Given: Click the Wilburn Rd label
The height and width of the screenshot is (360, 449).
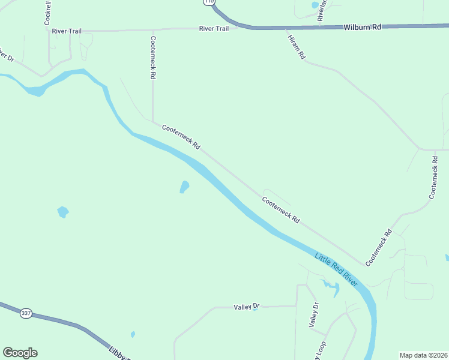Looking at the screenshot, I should pos(362,27).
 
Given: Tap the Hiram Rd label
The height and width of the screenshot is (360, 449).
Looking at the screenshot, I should pos(297,45).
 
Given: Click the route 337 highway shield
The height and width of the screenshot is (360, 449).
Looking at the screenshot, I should pos(25,313).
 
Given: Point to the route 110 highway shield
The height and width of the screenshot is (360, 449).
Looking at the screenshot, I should pos(208,2).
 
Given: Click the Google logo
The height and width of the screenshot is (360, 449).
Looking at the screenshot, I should pos(20,353).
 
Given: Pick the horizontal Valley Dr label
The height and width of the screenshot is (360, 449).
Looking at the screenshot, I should pos(246,307).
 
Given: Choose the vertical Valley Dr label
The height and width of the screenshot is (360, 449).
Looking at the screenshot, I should pos(313,315).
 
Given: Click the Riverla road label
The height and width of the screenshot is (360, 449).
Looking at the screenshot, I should pos(322,11).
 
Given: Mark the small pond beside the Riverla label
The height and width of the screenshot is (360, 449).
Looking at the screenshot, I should pos(315,5).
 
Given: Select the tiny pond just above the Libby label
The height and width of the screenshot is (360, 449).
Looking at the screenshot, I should pos(133,334).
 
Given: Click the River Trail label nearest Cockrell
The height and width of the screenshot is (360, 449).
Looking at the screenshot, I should pos(66,31).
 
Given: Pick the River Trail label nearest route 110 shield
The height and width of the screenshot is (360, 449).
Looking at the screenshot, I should pos(214,28).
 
